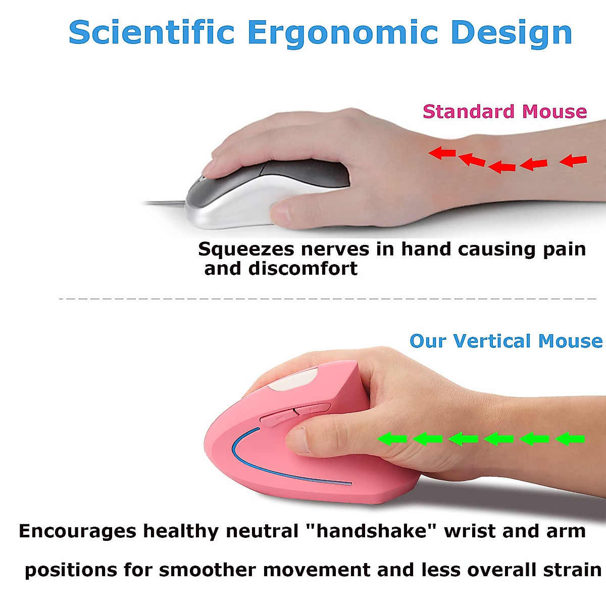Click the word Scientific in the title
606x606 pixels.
[151, 33]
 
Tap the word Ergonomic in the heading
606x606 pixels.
[342, 33]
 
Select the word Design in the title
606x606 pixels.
[511, 33]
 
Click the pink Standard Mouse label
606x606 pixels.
[504, 112]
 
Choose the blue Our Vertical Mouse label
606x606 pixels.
[506, 341]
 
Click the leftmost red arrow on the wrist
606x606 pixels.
[442, 153]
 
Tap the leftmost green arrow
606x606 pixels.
[392, 439]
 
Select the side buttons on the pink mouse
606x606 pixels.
[295, 413]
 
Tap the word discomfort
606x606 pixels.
[302, 269]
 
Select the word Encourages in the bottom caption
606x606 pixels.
[78, 531]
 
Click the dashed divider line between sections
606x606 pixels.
[328, 299]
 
